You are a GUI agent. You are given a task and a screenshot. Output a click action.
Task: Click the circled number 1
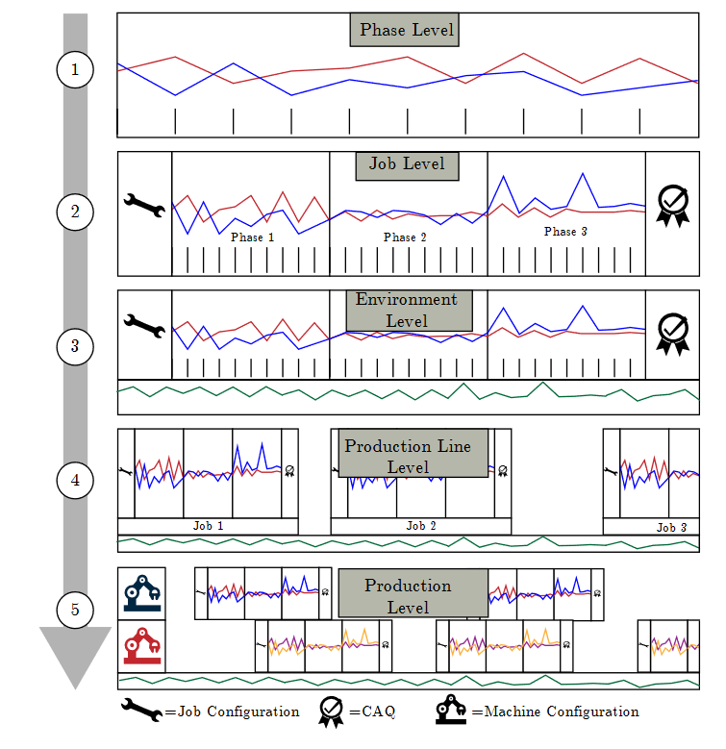pos(75,69)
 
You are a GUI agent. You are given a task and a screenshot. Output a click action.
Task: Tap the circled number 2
pos(75,212)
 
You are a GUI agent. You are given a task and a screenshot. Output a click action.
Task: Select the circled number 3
pos(75,346)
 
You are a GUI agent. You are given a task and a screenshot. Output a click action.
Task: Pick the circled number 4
pos(75,480)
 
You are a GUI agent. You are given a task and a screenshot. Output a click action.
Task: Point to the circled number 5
pos(75,609)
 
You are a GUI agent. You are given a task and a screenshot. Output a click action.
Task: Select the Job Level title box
pos(407,164)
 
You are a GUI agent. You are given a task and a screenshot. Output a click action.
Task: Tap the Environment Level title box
pos(407,311)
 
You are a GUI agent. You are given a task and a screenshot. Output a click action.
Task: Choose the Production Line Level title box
pos(414,457)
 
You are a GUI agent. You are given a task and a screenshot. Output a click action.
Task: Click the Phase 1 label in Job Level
pos(253,237)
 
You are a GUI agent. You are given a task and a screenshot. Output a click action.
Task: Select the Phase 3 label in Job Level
pos(565,232)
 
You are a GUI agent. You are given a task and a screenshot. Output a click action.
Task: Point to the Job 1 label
pos(208,526)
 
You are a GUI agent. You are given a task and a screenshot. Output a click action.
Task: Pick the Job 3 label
pos(671,528)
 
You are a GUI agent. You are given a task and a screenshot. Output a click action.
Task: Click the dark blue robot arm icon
pos(141,593)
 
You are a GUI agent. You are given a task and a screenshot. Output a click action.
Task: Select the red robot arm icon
pos(141,645)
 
